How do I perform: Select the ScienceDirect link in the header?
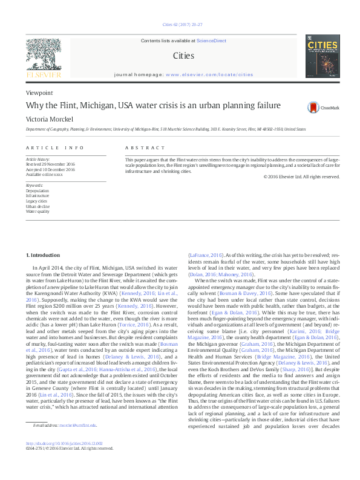point(211,40)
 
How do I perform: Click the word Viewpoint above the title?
point(39,92)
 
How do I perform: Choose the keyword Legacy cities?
point(36,201)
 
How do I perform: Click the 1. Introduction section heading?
point(45,256)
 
